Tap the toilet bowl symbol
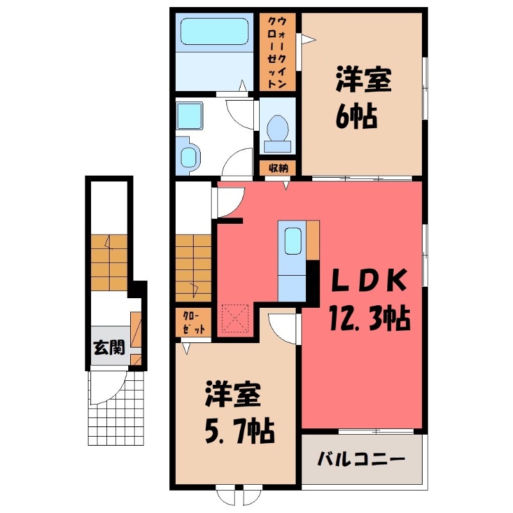(x=278, y=128)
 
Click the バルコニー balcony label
(x=361, y=460)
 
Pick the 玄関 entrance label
(x=108, y=349)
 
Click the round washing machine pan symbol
(x=189, y=155)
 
